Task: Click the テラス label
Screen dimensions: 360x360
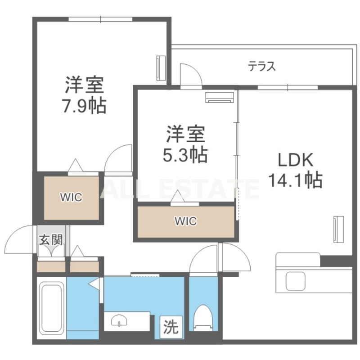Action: pyautogui.click(x=261, y=67)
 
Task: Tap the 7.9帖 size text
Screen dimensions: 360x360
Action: pyautogui.click(x=84, y=106)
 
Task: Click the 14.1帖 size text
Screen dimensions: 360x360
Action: pyautogui.click(x=295, y=180)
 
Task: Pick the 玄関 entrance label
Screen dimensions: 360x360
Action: pyautogui.click(x=51, y=239)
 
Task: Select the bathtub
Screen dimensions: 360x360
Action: pyautogui.click(x=50, y=310)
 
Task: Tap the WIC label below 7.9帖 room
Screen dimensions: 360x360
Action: pyautogui.click(x=72, y=197)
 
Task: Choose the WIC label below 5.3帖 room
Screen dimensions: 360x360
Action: pyautogui.click(x=186, y=221)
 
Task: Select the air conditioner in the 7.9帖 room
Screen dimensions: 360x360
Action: pyautogui.click(x=160, y=68)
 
